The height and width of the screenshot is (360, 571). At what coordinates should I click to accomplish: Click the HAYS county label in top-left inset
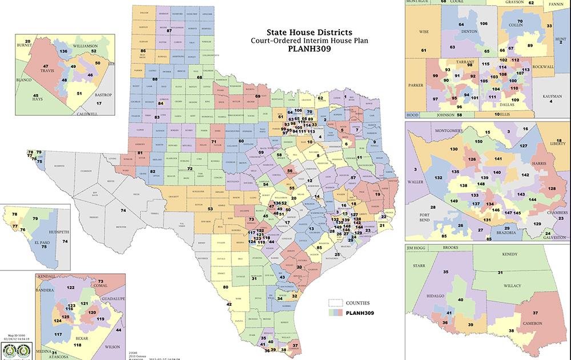(x=35, y=100)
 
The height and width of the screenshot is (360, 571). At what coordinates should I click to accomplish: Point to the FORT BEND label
(x=433, y=216)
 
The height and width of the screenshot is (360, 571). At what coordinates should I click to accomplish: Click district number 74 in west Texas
(x=122, y=211)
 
